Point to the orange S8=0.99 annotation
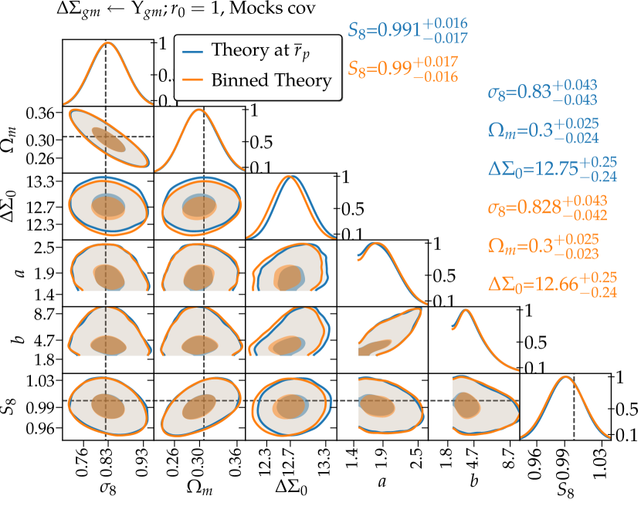[x=404, y=69]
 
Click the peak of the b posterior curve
[x=466, y=311]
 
